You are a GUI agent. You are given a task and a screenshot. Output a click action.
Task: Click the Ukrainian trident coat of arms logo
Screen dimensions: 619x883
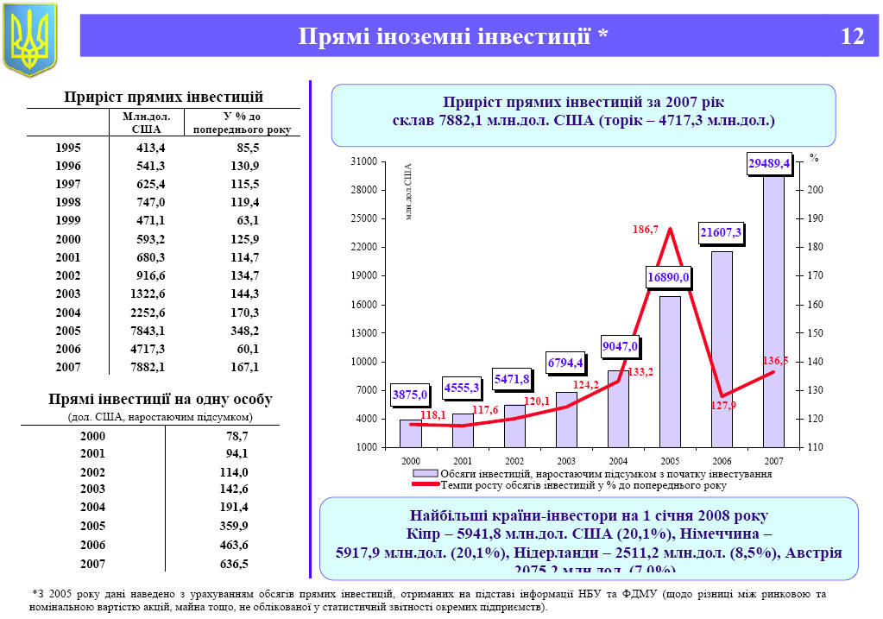click(x=30, y=39)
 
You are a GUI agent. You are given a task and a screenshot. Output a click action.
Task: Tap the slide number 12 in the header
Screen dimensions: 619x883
click(x=851, y=36)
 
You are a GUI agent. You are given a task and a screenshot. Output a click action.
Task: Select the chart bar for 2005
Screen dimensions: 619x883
click(x=670, y=371)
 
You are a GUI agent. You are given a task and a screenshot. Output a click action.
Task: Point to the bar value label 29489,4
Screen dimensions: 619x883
click(x=769, y=164)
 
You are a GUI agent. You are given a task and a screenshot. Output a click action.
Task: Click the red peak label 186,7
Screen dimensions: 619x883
click(x=645, y=231)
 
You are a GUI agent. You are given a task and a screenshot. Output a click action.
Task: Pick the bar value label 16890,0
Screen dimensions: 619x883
click(x=669, y=277)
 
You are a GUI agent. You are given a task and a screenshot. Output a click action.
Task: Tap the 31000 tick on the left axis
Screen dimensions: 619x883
click(x=366, y=162)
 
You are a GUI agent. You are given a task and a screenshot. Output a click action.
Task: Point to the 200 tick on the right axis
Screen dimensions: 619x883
click(x=816, y=190)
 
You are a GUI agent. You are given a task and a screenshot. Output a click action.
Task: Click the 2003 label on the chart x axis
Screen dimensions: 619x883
click(x=566, y=462)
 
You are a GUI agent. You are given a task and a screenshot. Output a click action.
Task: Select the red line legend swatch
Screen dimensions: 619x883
click(x=425, y=485)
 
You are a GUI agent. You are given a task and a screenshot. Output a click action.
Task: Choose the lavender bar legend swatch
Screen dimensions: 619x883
click(x=425, y=474)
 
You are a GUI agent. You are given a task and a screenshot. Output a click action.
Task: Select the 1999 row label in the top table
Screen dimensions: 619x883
click(x=67, y=220)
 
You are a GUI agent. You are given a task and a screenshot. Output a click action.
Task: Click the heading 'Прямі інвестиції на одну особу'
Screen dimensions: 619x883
click(x=161, y=400)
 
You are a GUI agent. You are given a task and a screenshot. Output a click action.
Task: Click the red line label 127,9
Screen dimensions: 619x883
click(x=723, y=405)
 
